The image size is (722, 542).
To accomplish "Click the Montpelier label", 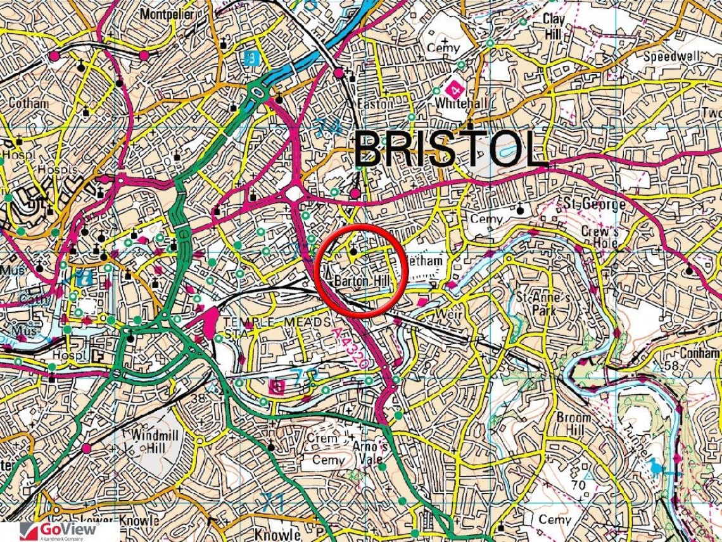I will [167, 13].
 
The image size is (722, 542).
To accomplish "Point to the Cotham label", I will [28, 103].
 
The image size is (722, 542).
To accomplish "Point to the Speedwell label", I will [672, 56].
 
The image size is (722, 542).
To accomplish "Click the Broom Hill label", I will [574, 424].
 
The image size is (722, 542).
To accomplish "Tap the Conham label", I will [700, 353].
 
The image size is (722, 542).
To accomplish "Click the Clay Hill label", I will [554, 26].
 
